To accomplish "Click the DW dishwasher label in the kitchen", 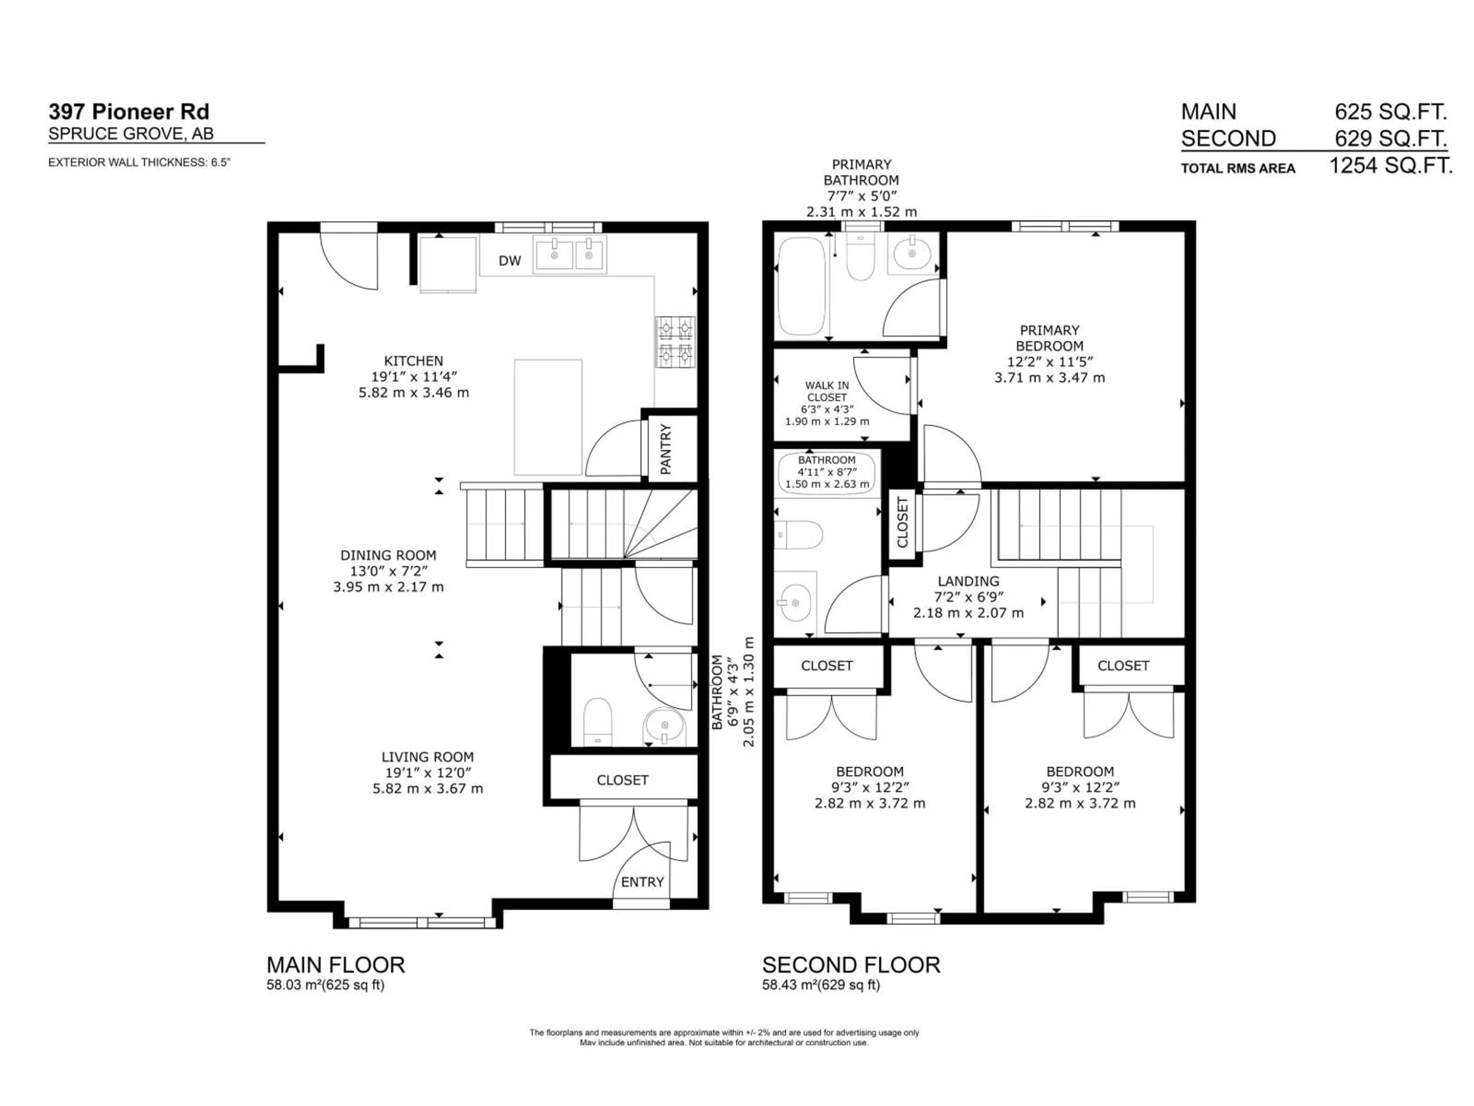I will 510,261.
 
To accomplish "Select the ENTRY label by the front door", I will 642,882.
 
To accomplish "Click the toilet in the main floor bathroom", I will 597,721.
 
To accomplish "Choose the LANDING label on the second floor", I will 968,581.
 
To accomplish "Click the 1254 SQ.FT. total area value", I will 1391,166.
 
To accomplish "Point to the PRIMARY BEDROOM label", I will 1049,338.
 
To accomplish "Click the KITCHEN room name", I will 413,361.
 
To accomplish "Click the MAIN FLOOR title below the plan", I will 335,965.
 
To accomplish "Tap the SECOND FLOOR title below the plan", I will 851,965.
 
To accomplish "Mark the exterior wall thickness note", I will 139,162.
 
